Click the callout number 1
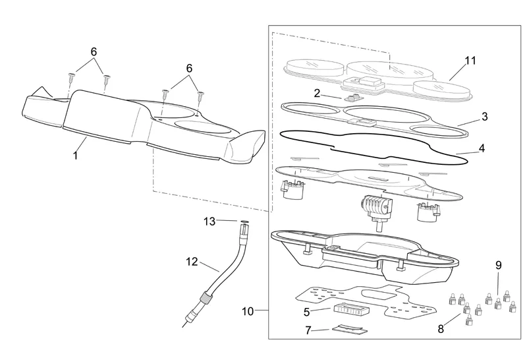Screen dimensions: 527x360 76,156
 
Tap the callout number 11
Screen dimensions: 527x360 470,61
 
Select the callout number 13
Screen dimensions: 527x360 209,222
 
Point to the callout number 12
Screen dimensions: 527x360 192,261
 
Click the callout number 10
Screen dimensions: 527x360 248,312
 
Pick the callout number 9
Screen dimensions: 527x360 498,265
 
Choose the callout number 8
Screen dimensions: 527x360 441,329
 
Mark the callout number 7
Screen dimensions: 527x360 308,330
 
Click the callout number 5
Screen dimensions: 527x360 306,313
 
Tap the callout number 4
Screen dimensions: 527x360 482,148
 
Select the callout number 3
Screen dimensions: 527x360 484,117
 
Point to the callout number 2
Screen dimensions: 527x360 317,93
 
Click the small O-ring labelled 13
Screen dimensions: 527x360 244,222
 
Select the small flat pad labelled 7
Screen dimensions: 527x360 350,329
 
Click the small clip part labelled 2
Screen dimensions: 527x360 354,98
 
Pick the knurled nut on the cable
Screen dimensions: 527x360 205,297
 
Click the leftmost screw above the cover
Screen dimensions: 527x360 72,78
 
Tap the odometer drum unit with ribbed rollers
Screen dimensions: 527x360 375,206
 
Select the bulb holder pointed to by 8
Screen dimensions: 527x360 468,320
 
